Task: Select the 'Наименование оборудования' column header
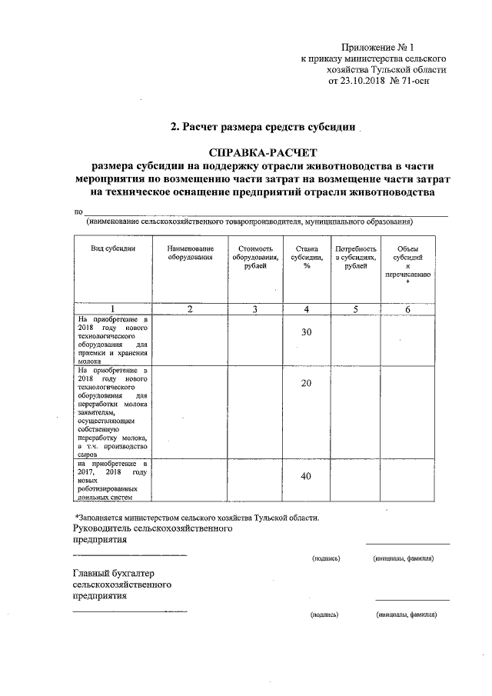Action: [190, 253]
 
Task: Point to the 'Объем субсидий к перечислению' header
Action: [408, 265]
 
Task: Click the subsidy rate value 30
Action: [306, 332]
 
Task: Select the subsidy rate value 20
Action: [306, 383]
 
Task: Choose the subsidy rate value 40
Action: [306, 476]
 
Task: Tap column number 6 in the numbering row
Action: [408, 309]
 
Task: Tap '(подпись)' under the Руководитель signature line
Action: [325, 558]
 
